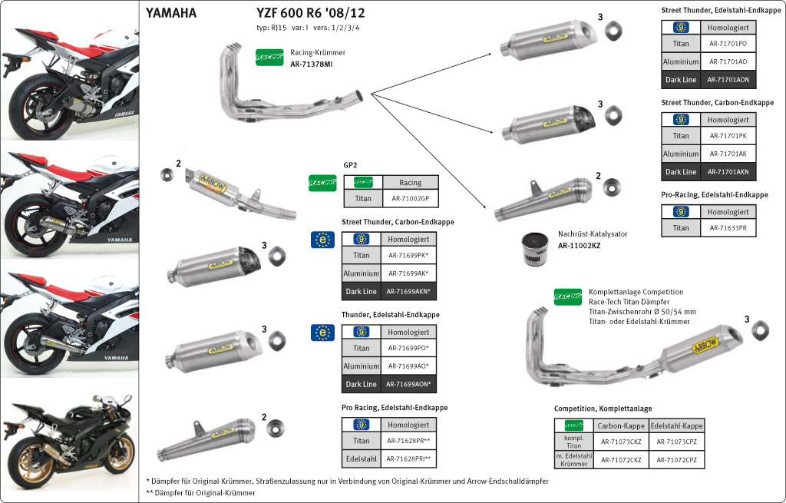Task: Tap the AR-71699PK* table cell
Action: [x=407, y=255]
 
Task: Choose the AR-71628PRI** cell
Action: [x=408, y=459]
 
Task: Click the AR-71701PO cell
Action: [x=728, y=44]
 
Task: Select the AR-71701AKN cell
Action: [x=728, y=172]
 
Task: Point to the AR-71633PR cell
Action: [x=728, y=228]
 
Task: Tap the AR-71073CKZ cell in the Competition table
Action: [x=621, y=442]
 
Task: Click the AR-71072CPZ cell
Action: [x=676, y=459]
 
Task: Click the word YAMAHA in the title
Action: [x=170, y=13]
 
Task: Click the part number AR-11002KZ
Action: [x=579, y=246]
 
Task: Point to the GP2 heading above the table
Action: [x=351, y=165]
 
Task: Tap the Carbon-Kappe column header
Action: [x=621, y=425]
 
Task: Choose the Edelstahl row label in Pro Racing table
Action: [x=361, y=459]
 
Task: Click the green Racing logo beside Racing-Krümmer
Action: [x=269, y=58]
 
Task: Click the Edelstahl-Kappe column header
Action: [x=676, y=425]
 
